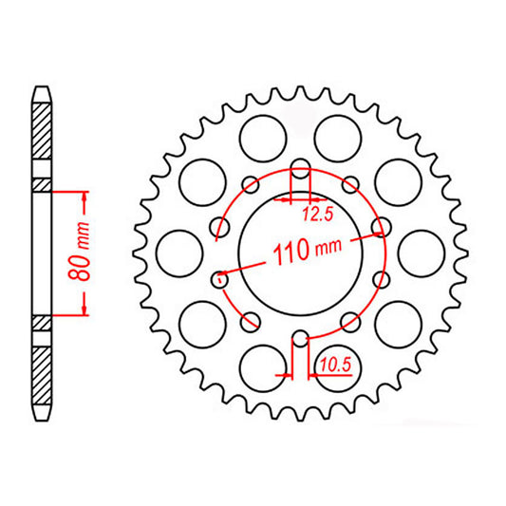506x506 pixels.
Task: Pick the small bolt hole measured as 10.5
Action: tap(300, 337)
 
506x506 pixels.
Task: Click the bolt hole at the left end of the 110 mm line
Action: tap(218, 278)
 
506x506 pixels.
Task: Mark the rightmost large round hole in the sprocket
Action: tap(418, 253)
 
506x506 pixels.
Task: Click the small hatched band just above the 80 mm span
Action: tap(42, 184)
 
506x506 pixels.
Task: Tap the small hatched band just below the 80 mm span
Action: tap(42, 323)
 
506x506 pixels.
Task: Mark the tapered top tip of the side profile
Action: tap(42, 91)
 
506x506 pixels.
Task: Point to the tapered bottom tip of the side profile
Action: tap(42, 417)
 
